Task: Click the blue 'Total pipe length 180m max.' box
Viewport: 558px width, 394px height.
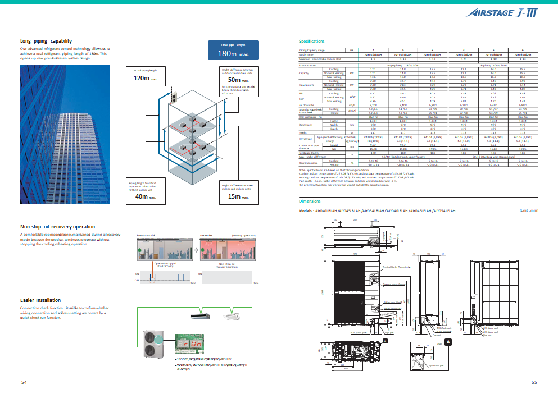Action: [x=233, y=51]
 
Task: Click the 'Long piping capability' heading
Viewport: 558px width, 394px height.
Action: [x=46, y=41]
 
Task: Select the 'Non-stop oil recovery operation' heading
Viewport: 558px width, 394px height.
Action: [x=57, y=227]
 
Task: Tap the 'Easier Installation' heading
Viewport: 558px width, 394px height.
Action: [x=40, y=300]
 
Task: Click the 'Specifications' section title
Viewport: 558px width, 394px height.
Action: [x=311, y=42]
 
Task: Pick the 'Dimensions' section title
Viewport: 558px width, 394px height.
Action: [x=310, y=200]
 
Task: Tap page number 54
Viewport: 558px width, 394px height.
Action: [x=24, y=382]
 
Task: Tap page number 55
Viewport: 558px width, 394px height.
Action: [x=534, y=382]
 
